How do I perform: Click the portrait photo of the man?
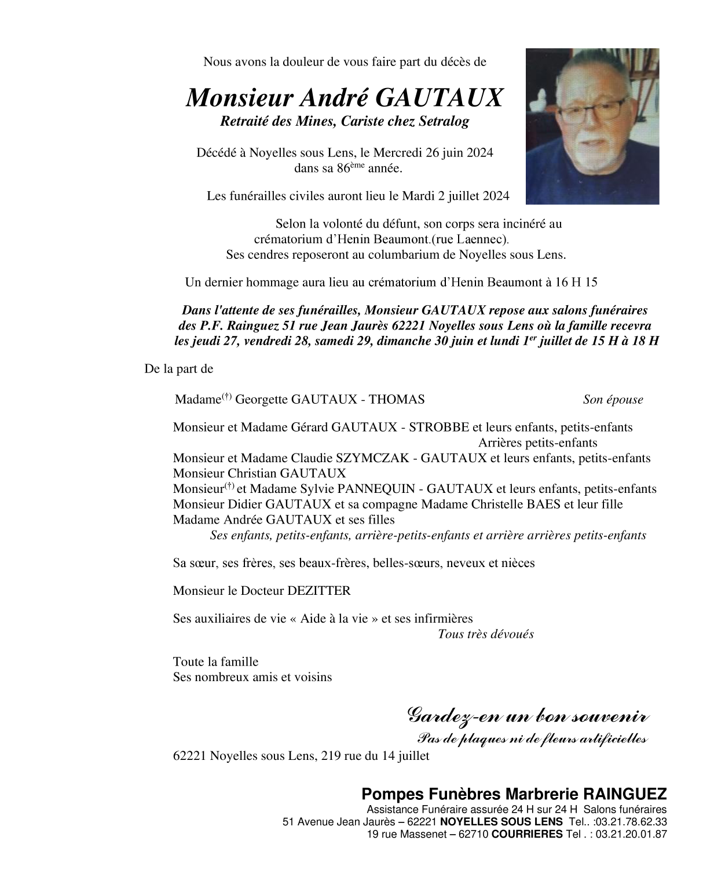point(592,126)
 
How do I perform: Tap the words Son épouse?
point(613,400)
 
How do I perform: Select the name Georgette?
point(262,400)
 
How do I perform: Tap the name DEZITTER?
point(318,591)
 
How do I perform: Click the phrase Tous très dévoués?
point(485,634)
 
